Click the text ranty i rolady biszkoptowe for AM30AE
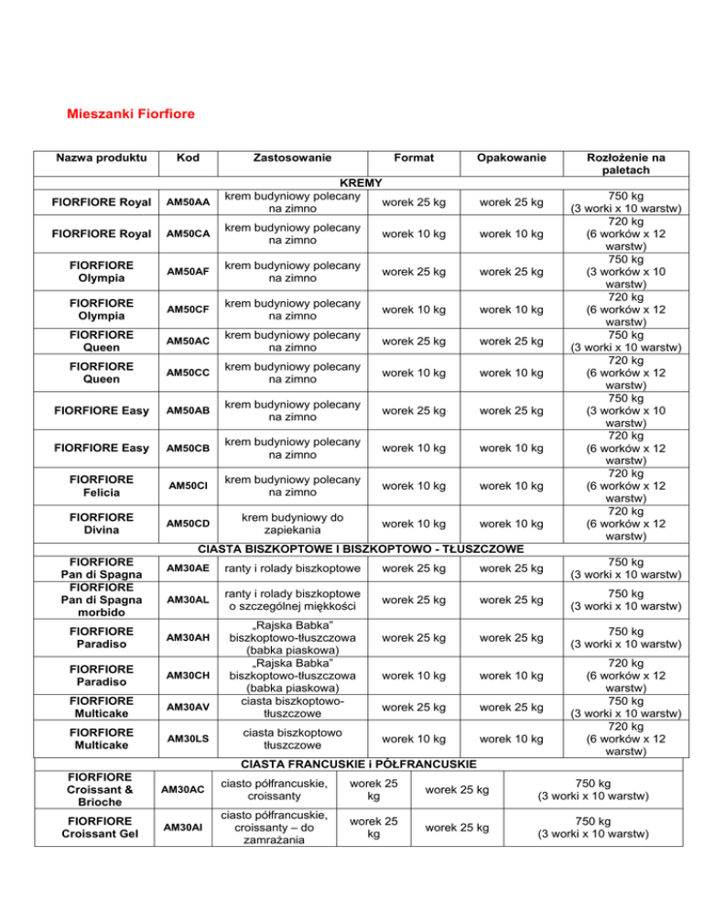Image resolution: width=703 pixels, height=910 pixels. (x=287, y=569)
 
